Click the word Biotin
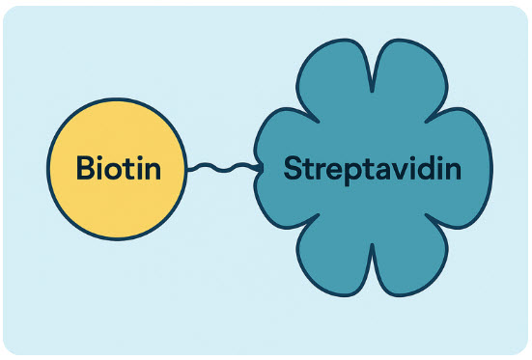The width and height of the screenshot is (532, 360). click(x=118, y=170)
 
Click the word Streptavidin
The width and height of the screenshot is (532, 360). click(x=373, y=170)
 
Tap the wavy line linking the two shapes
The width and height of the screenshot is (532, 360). click(x=223, y=169)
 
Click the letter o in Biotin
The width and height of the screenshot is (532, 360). click(x=115, y=172)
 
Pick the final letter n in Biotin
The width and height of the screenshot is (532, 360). click(x=150, y=172)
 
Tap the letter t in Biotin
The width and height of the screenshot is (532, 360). click(x=129, y=171)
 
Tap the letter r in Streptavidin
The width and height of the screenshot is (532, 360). click(x=320, y=172)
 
